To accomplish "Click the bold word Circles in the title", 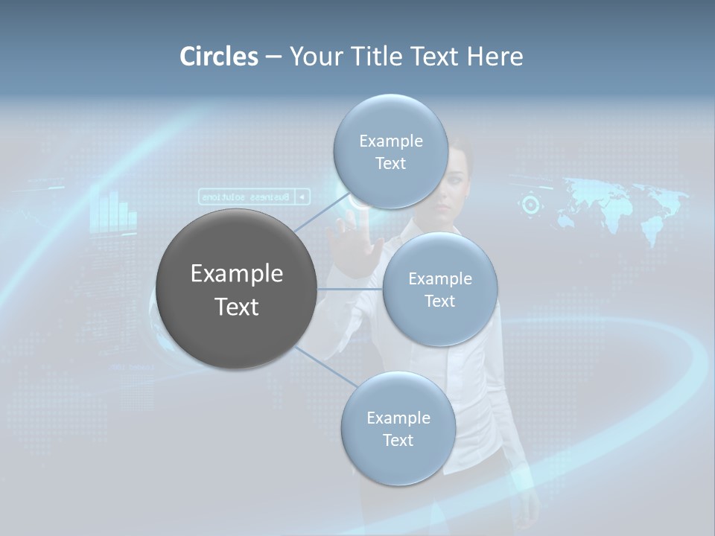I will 219,57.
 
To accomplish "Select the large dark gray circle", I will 236,289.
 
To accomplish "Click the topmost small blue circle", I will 390,151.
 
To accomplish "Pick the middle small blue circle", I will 439,289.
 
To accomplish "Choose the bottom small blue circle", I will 398,429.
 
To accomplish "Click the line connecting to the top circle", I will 320,213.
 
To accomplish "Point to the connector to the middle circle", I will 350,289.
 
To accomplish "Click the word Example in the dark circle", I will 236,274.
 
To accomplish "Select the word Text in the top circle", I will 390,164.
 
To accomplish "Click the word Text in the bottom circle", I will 398,441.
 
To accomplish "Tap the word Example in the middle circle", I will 439,279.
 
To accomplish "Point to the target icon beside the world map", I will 530,204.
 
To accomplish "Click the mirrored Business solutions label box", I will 254,197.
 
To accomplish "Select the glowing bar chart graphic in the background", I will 113,212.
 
